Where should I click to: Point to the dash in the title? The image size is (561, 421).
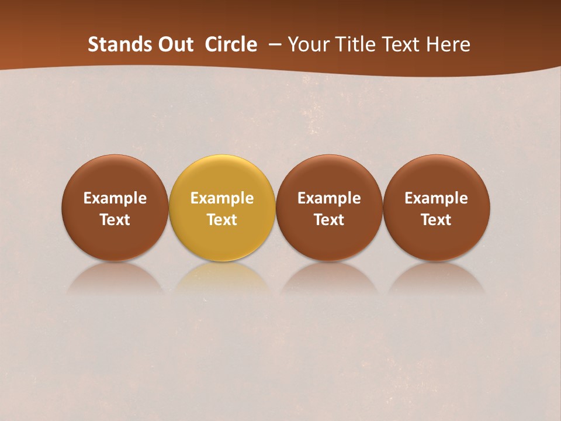275,44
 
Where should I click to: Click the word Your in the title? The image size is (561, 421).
308,44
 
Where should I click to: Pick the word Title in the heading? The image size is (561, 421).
354,44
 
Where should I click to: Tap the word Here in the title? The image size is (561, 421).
449,44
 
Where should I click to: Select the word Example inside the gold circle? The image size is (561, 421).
222,198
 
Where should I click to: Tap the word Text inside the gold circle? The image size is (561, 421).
222,220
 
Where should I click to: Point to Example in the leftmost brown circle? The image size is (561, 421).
115,198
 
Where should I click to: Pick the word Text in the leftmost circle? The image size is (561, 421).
115,220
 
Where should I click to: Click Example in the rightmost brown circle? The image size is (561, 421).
436,198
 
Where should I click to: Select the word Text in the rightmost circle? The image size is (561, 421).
436,220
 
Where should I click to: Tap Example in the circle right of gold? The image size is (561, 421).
329,198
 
